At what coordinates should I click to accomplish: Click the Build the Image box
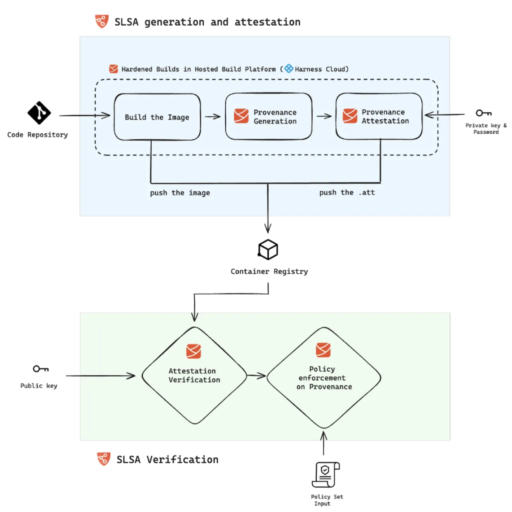(x=157, y=117)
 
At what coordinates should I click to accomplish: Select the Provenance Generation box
(x=269, y=116)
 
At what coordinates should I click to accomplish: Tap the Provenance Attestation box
(x=379, y=116)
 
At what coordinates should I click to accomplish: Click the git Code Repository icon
(x=39, y=113)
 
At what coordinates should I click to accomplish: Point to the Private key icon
(x=483, y=113)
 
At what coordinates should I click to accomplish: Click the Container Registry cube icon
(x=268, y=250)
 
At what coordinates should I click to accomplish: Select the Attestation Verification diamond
(x=194, y=376)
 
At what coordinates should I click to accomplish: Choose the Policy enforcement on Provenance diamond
(x=324, y=378)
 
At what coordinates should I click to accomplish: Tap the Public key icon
(x=40, y=369)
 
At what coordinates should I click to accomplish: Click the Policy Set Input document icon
(x=326, y=474)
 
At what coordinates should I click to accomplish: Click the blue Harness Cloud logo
(x=289, y=69)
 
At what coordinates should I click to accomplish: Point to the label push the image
(x=180, y=193)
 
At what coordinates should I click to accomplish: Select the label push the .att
(x=347, y=192)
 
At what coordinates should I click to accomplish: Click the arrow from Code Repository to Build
(x=85, y=116)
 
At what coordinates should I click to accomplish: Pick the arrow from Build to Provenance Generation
(x=213, y=117)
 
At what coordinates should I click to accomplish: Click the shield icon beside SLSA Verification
(x=104, y=459)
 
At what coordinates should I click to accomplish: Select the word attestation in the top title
(x=267, y=22)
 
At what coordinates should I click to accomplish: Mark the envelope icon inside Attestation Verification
(x=194, y=351)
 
